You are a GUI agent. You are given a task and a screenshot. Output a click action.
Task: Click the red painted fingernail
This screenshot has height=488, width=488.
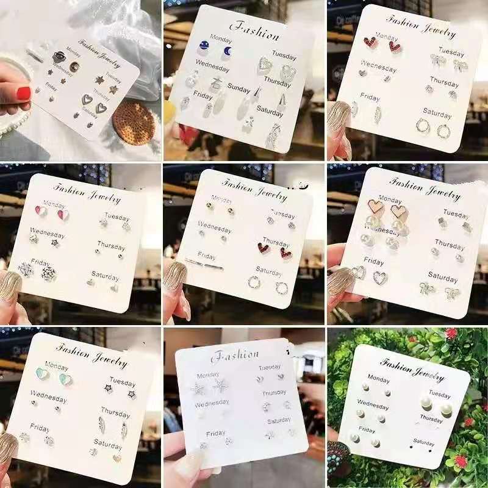[x=23, y=93]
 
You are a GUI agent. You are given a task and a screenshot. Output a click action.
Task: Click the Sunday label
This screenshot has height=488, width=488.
[x=239, y=89]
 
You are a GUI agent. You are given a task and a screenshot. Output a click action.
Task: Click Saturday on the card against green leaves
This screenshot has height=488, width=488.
[x=424, y=442]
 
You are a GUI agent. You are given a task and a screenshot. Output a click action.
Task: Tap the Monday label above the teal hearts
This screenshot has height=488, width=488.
[x=57, y=367]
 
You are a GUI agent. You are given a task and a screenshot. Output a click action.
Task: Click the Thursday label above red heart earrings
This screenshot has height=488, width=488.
[x=276, y=242]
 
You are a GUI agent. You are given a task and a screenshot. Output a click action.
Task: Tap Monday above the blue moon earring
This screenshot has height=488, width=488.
[x=221, y=38]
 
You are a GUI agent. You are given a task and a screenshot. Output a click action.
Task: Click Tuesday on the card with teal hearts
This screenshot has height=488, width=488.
[x=123, y=382]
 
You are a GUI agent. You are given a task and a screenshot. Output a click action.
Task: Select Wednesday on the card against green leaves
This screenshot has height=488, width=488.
[x=373, y=406]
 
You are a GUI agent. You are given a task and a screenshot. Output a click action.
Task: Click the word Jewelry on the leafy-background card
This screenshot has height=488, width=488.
[x=428, y=373]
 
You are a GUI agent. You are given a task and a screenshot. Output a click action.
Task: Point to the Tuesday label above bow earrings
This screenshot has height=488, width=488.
[x=451, y=52]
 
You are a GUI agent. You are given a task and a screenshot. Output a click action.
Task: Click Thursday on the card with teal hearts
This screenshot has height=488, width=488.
[x=115, y=413]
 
